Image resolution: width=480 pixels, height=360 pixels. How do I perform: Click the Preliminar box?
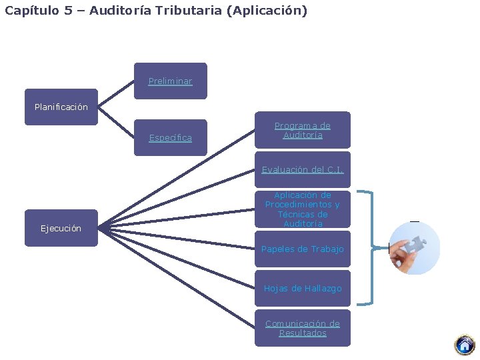pos(170,81)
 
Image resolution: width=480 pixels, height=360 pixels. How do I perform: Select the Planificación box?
pos(61,107)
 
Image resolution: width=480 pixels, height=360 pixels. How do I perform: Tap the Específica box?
pos(170,138)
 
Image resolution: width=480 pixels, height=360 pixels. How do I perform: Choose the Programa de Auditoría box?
pos(302,130)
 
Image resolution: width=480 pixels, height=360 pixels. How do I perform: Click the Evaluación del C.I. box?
pos(302,169)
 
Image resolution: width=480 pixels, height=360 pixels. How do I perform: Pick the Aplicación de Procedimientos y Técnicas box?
pos(302,209)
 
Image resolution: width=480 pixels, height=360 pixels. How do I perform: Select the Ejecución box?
pos(61,228)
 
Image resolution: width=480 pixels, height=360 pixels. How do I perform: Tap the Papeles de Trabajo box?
pos(302,249)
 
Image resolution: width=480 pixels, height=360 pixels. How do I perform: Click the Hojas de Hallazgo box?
pos(302,288)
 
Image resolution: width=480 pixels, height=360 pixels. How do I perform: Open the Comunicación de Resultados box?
pos(302,328)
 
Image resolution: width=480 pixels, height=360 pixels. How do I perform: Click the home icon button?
pos(465,345)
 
